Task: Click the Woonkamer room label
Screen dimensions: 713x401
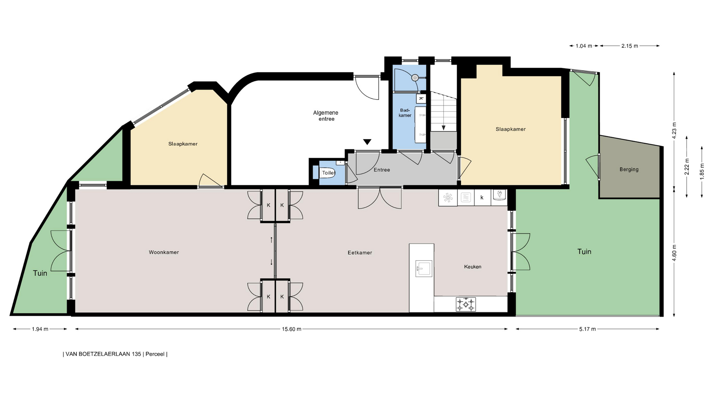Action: click(x=164, y=252)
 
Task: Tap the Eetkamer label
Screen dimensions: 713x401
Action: click(x=360, y=253)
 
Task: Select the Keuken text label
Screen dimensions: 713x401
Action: click(x=473, y=267)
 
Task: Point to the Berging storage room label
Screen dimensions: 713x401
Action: click(x=629, y=169)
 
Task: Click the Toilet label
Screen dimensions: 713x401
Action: click(x=329, y=173)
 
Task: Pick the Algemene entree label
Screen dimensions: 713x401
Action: click(x=326, y=116)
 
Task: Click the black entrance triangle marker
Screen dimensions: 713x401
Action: click(x=367, y=142)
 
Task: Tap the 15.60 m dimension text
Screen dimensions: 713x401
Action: click(x=292, y=329)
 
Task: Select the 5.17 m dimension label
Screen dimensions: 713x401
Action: click(x=587, y=329)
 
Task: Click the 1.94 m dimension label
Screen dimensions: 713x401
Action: click(x=40, y=329)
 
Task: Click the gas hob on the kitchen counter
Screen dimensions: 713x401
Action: click(x=466, y=304)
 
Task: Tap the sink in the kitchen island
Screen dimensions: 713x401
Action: click(x=424, y=268)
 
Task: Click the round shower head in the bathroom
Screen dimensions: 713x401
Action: click(x=415, y=78)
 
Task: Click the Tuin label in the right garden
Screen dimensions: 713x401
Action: click(x=584, y=252)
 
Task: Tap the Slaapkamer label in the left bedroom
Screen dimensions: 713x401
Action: click(x=183, y=144)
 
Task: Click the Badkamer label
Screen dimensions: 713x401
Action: click(x=405, y=113)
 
